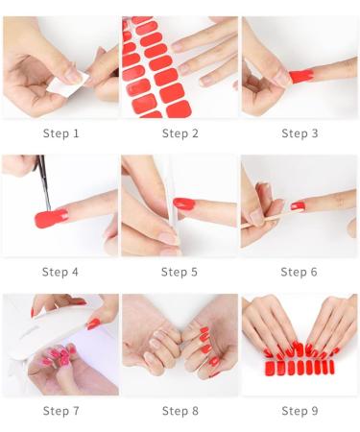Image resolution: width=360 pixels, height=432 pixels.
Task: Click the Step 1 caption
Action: coord(61,132)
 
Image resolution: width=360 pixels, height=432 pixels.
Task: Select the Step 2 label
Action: coord(180,132)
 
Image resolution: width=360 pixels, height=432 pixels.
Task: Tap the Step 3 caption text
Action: coord(300,132)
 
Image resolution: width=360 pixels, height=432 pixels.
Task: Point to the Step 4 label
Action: coord(61,272)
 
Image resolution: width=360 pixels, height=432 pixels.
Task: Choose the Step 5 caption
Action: coord(180,272)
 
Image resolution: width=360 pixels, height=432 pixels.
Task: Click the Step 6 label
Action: coord(300,272)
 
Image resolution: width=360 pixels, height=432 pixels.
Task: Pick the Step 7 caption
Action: coord(61,411)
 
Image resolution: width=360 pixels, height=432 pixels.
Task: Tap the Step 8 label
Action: coord(180,411)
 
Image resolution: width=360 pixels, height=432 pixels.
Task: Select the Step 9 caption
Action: coord(300,411)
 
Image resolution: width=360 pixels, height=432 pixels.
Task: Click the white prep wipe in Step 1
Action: coord(65,83)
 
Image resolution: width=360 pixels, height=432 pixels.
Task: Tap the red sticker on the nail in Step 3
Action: coord(300,74)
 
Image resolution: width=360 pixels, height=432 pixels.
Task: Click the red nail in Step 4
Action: coord(51,218)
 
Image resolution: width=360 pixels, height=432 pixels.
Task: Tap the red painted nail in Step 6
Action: coord(299,206)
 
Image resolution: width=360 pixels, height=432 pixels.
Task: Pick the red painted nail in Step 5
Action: coord(183,204)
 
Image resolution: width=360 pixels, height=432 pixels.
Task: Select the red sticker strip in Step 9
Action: coord(300,367)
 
